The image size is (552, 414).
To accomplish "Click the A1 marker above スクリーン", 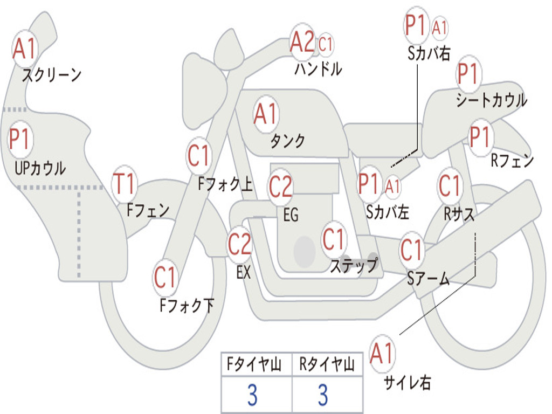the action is click(25, 49).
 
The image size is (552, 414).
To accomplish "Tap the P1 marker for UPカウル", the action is click(20, 140).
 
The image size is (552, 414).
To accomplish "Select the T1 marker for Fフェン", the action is click(124, 184).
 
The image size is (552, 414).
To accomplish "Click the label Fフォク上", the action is click(225, 184).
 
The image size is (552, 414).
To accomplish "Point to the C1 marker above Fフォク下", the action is click(165, 277).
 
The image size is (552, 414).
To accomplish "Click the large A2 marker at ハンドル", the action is click(302, 42).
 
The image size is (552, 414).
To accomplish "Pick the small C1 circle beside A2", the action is click(326, 44).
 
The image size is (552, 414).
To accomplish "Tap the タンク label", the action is click(287, 141).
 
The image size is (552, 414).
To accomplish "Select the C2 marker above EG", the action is click(280, 186).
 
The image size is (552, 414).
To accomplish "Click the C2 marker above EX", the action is click(240, 244).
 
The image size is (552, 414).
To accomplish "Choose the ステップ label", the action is click(354, 265).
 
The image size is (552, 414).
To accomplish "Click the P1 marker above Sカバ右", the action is click(416, 25).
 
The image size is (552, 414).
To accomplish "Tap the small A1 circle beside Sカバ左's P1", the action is click(392, 187).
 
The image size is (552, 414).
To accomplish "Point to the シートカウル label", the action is click(492, 100).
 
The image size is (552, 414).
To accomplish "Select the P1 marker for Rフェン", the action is click(480, 136).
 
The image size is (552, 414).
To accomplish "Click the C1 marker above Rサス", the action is click(450, 185).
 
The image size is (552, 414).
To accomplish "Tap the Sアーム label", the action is click(429, 279).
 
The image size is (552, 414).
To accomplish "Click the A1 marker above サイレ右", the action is click(382, 353).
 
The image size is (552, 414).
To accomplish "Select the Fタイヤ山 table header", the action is click(254, 364).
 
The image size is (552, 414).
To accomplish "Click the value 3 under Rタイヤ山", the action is click(323, 395).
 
